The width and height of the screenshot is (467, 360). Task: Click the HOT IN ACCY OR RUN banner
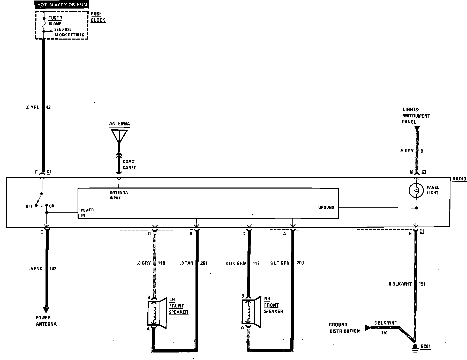[62, 5]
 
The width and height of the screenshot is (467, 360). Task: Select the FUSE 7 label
[55, 18]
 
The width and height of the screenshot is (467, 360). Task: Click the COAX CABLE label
[129, 164]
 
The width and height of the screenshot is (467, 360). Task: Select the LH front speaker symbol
[156, 313]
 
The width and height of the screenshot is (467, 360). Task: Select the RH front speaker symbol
[251, 312]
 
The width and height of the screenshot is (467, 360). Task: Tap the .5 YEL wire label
[32, 107]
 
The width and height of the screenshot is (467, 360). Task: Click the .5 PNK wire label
[36, 269]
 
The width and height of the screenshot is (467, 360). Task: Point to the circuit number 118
[161, 263]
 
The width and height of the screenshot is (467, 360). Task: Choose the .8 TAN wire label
[187, 263]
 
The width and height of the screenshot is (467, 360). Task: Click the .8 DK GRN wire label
[235, 264]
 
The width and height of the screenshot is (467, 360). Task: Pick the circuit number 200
[300, 263]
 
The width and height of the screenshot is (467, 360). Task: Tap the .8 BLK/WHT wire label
[400, 284]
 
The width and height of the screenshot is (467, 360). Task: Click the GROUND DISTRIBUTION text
[344, 328]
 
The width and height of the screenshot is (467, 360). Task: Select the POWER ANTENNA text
[46, 321]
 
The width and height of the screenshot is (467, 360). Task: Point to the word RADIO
[459, 179]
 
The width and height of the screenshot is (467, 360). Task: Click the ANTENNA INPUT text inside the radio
[118, 195]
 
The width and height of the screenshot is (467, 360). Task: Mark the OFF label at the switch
[29, 206]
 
